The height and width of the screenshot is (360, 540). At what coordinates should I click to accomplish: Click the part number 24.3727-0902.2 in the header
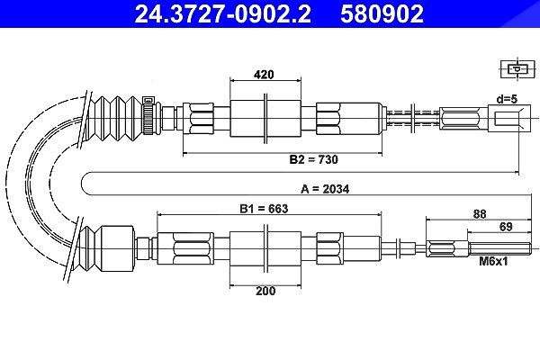[222, 13]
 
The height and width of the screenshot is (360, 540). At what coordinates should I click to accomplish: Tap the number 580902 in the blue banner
[382, 13]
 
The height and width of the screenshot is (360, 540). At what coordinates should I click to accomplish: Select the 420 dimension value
[264, 75]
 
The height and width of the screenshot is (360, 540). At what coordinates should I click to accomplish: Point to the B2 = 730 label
[314, 159]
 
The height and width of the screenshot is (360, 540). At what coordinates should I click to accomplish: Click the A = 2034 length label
[325, 189]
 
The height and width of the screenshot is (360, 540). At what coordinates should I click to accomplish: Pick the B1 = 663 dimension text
[264, 209]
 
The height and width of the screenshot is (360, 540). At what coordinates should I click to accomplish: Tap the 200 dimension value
[265, 291]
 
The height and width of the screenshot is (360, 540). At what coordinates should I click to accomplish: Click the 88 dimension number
[480, 214]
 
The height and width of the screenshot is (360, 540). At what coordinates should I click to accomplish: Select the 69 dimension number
[506, 227]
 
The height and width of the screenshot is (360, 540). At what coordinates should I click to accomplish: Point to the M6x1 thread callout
[493, 262]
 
